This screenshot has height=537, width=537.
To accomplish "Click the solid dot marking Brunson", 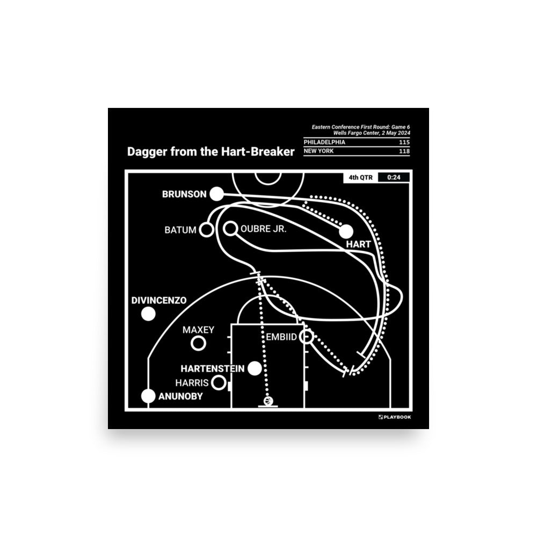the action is tap(216, 194).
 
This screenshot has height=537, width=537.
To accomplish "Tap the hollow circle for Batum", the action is tap(206, 229).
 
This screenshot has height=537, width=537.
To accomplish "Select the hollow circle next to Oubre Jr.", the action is tap(230, 228).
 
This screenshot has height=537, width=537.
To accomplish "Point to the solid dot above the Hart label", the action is tap(346, 231).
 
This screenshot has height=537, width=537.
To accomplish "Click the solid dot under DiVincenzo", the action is tap(148, 314).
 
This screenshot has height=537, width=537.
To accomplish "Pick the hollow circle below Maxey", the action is tap(198, 343).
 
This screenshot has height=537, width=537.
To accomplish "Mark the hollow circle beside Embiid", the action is tap(306, 337).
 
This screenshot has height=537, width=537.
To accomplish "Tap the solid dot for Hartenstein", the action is tap(255, 368).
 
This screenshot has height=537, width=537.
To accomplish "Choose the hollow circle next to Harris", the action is tap(219, 382).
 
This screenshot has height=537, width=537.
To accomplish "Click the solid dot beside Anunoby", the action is tap(148, 396).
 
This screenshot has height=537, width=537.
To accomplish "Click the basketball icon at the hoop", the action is tap(268, 401).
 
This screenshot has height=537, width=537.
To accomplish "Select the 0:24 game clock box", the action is tap(394, 177).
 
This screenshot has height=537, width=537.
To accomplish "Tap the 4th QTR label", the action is tap(361, 177).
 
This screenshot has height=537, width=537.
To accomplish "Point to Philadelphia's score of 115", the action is tap(404, 142).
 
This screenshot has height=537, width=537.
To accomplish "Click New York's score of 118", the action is tap(404, 151).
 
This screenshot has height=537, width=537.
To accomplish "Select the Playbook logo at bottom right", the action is tap(395, 417).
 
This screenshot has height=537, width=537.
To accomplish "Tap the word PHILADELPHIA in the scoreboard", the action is tap(324, 142).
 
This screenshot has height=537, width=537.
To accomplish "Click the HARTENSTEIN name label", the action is tap(212, 369).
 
